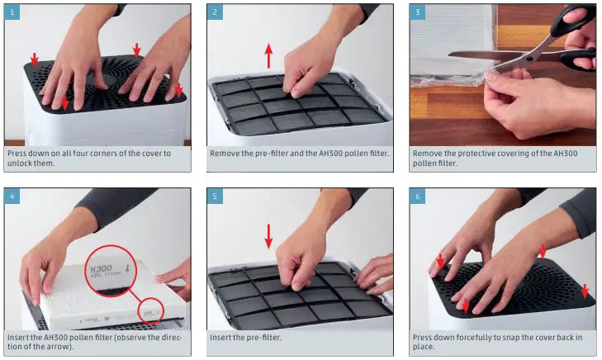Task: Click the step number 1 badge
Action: pyautogui.click(x=12, y=12)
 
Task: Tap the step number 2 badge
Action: pyautogui.click(x=215, y=12)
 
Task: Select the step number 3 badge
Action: pyautogui.click(x=417, y=12)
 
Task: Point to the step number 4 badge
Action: pyautogui.click(x=12, y=197)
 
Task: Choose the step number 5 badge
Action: pyautogui.click(x=215, y=197)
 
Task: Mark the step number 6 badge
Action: pyautogui.click(x=417, y=197)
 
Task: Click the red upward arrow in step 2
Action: pyautogui.click(x=268, y=55)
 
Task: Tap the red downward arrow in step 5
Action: pyautogui.click(x=268, y=236)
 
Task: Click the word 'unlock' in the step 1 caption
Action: pyautogui.click(x=19, y=163)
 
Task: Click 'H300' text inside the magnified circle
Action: pyautogui.click(x=101, y=268)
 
